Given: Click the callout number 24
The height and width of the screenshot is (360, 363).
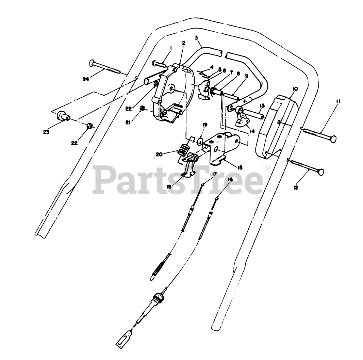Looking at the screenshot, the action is coord(86,80).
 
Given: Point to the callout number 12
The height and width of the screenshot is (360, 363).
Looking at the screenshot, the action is coord(296,187).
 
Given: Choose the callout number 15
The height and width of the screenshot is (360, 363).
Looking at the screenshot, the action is coord(240,167).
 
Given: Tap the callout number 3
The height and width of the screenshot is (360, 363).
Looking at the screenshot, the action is coord(196,37).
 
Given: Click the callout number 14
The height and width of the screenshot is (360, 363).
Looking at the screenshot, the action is coord(252,131).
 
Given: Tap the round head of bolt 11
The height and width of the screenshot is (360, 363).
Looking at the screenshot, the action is coord(334,139).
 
